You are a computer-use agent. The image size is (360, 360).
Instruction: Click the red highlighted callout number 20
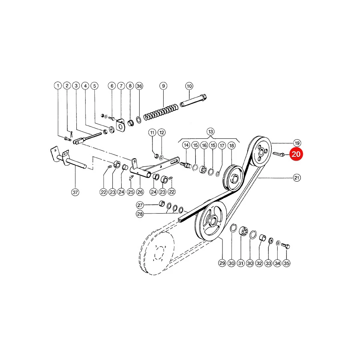296,154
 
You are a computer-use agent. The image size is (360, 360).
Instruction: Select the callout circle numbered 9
163,86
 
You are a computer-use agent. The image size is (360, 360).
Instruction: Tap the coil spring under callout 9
161,112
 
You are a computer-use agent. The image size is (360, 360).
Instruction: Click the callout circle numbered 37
75,192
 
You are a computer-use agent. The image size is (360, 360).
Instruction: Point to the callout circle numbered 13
210,132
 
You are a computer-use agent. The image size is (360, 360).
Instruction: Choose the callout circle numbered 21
297,178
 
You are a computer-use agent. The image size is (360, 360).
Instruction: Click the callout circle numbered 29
222,263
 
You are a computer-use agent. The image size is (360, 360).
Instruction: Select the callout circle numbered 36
139,86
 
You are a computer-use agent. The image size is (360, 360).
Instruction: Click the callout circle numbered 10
189,86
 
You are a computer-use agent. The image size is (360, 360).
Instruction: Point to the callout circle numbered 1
58,86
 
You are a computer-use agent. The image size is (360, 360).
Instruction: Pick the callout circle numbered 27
140,205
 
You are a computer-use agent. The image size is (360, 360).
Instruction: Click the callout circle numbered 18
232,145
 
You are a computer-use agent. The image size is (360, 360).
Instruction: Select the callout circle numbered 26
140,192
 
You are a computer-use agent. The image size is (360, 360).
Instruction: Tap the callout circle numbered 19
297,143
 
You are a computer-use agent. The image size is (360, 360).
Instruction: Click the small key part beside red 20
278,154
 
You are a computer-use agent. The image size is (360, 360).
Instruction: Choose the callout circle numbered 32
259,263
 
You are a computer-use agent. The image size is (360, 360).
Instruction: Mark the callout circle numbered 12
162,132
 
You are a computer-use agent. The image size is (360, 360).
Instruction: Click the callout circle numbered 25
131,192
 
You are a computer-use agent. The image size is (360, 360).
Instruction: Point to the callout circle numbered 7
121,86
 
